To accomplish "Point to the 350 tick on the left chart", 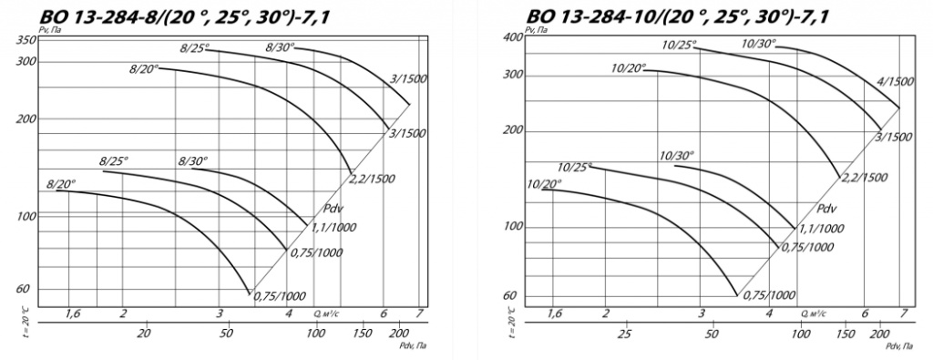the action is coord(29,40).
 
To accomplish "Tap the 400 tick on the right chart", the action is coord(515,36).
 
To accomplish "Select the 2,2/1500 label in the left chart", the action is coord(371,178).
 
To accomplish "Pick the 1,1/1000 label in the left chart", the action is coord(331,227).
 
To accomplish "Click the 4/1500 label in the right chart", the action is coord(895,82).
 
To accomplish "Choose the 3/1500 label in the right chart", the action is coord(894,137).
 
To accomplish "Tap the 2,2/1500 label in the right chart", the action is coord(864,177).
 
